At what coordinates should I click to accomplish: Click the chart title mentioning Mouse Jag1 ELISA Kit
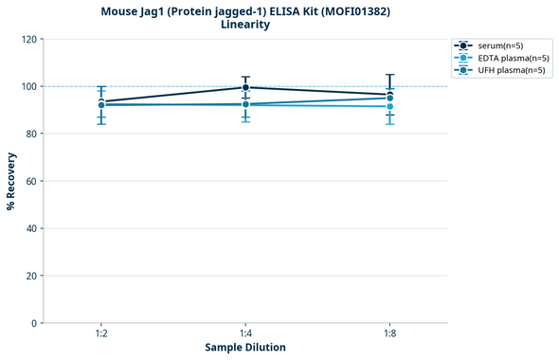[244, 10]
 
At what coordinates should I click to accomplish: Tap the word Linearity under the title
[244, 25]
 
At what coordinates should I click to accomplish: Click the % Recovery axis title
[11, 181]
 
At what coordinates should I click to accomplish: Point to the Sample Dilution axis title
[245, 348]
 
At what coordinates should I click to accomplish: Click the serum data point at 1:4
[245, 87]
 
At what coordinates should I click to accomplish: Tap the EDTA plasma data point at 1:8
[389, 106]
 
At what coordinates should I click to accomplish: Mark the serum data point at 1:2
[101, 101]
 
